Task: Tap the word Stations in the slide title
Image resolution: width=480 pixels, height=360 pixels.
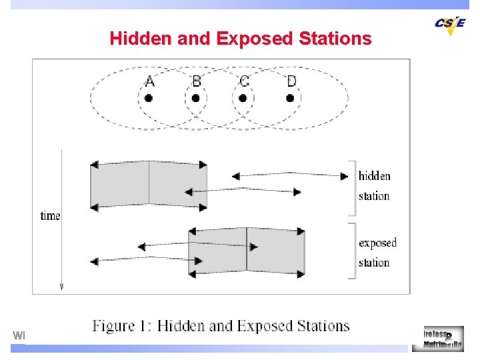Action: click(x=335, y=38)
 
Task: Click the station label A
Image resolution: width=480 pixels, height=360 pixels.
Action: click(x=149, y=81)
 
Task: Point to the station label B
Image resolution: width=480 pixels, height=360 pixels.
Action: click(x=196, y=81)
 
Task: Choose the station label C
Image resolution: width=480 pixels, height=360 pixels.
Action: click(x=244, y=81)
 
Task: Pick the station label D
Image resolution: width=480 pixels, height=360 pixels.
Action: click(x=291, y=81)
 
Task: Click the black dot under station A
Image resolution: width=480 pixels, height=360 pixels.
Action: click(x=149, y=98)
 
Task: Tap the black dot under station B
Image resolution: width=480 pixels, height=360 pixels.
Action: click(x=196, y=98)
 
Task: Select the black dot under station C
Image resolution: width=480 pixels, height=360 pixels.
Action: click(x=243, y=98)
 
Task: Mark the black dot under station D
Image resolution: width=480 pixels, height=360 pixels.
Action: click(x=290, y=98)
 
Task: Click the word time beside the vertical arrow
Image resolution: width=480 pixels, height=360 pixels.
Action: click(x=51, y=215)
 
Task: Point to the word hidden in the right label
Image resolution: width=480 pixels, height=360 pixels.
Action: click(x=374, y=176)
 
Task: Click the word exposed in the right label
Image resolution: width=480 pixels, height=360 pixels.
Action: click(x=377, y=243)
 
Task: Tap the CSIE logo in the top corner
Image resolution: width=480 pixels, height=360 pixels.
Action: click(x=450, y=25)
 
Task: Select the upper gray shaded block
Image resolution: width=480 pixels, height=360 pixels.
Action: click(x=149, y=185)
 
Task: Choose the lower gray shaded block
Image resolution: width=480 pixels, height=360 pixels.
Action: click(x=247, y=251)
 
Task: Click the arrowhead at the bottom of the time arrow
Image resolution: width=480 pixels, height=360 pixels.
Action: click(x=61, y=286)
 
